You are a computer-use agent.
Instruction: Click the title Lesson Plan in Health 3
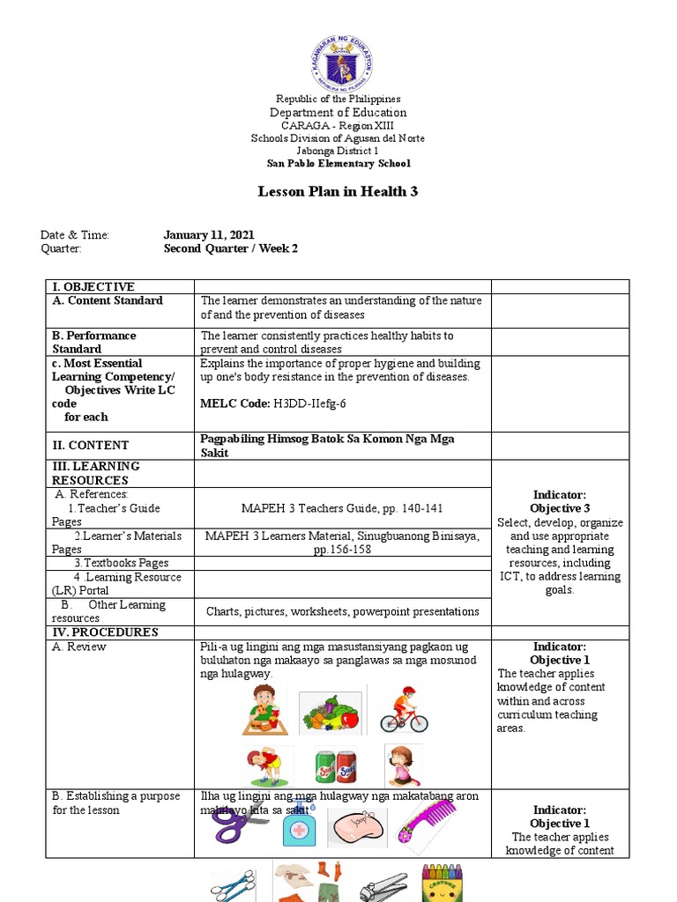click(338, 192)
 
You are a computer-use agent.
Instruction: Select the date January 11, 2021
click(209, 235)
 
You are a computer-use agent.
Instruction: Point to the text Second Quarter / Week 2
click(231, 249)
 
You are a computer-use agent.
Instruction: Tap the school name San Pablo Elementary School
click(338, 163)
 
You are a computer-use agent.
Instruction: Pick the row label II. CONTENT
click(90, 446)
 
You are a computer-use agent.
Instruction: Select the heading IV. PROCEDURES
click(105, 632)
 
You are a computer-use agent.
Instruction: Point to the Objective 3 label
click(560, 509)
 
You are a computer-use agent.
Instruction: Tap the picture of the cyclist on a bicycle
click(404, 709)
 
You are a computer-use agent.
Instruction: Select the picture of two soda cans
click(335, 765)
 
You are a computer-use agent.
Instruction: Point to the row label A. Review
click(80, 647)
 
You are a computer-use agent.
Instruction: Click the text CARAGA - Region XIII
click(338, 126)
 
